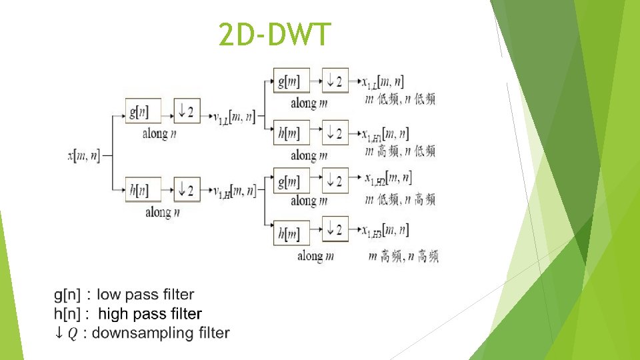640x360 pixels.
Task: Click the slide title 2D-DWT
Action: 274,35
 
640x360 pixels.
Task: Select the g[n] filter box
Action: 143,111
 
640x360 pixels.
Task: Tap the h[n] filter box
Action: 143,189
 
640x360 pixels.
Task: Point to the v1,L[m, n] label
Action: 234,117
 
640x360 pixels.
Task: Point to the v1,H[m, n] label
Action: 234,191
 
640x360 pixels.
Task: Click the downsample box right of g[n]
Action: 187,111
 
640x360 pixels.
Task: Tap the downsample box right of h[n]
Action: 187,189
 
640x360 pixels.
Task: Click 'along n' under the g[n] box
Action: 160,133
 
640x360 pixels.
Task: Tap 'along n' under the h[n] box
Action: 163,213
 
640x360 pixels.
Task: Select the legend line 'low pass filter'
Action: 145,294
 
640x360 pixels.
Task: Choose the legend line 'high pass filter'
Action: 150,313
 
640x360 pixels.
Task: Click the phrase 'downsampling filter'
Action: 160,333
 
